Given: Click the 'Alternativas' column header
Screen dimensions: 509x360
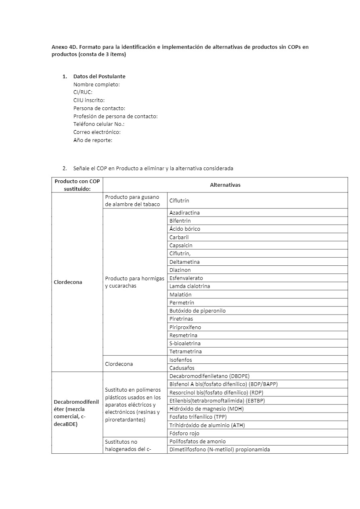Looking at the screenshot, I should tap(225, 185).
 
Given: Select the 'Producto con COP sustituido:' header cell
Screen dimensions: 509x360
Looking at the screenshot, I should tap(77, 185).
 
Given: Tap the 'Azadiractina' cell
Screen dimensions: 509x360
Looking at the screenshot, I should tap(184, 213).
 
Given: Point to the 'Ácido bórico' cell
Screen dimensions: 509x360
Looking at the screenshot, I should tap(184, 229).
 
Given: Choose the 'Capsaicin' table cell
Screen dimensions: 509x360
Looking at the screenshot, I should tap(181, 245).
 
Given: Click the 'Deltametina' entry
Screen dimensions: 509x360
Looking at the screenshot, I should tap(184, 262).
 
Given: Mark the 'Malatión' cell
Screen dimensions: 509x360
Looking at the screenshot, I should tap(180, 294).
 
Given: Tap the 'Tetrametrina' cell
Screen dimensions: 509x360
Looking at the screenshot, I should tap(185, 351).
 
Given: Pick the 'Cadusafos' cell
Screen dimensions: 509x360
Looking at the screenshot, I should tap(182, 368).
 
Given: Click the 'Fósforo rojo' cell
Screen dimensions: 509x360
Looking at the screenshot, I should tap(184, 433).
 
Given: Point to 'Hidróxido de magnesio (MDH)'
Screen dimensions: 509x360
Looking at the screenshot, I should tap(206, 409).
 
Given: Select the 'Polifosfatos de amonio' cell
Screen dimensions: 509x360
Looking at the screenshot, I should tap(197, 441).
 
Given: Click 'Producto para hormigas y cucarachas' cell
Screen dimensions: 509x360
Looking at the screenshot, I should tap(134, 282).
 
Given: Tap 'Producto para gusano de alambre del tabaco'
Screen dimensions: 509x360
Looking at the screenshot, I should tap(132, 200).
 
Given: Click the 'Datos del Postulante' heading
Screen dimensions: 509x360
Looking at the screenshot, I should tap(99, 76).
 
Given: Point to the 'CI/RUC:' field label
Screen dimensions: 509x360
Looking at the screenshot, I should tap(83, 92).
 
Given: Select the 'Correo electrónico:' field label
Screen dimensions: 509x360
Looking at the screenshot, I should tap(97, 132).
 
